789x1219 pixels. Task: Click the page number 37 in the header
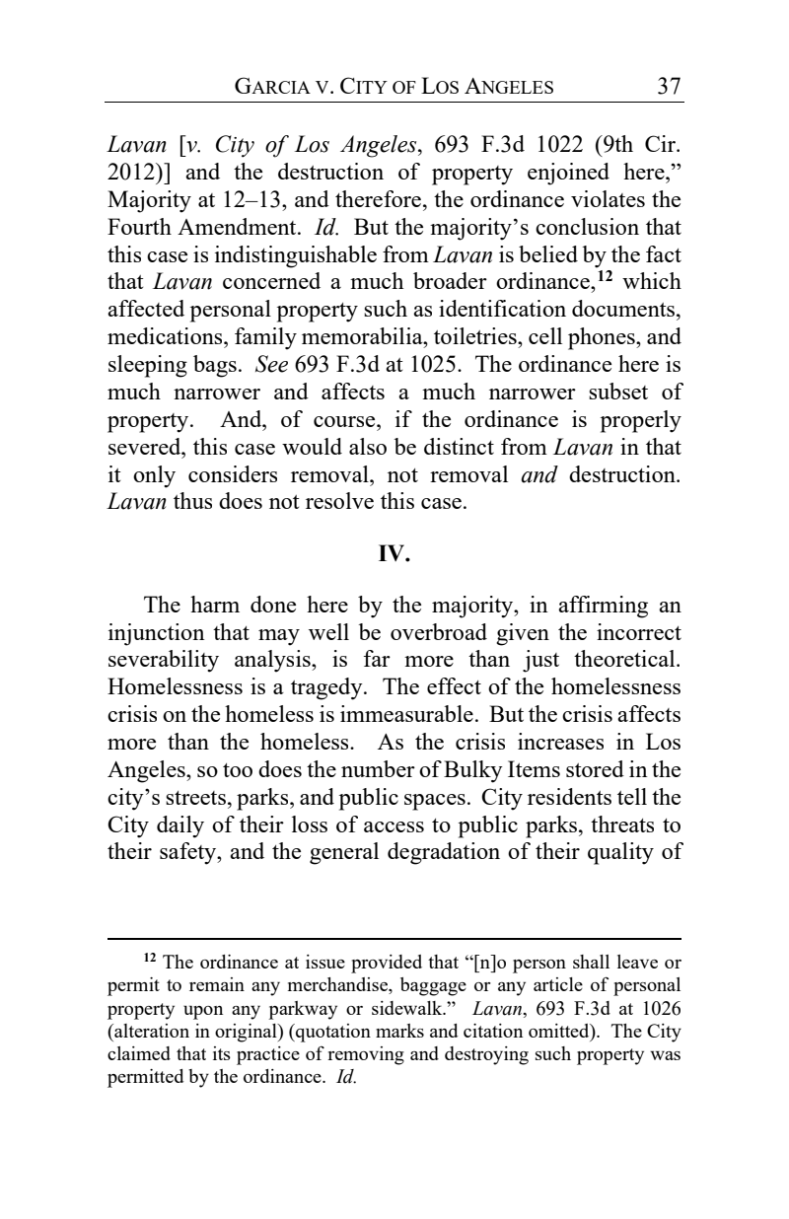(670, 87)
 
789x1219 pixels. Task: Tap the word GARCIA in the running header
(269, 88)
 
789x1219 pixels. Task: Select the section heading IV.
(394, 554)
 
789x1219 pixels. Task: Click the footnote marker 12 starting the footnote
(150, 959)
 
